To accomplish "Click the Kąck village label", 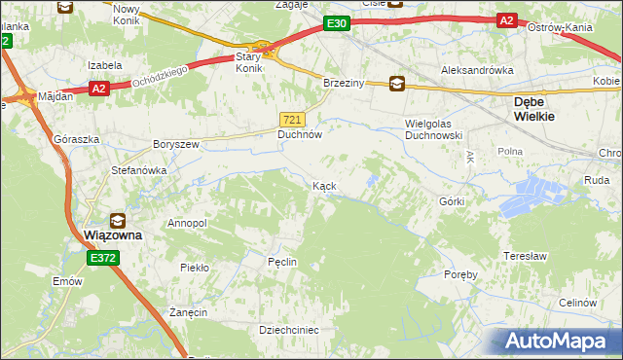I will (324, 185).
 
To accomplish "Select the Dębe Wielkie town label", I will (534, 108).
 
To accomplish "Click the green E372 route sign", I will (102, 258).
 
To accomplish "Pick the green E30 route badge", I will (336, 23).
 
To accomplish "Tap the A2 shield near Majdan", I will (97, 89).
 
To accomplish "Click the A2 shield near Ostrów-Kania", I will (506, 20).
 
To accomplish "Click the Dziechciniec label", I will (288, 330).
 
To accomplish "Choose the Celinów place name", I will (577, 303).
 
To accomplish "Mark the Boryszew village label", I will (175, 144).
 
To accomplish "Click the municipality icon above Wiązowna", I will (118, 220).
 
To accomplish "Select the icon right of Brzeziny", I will (396, 84).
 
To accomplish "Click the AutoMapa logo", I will (559, 341).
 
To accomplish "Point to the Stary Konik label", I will (250, 63).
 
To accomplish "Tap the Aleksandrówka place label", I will (477, 71).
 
